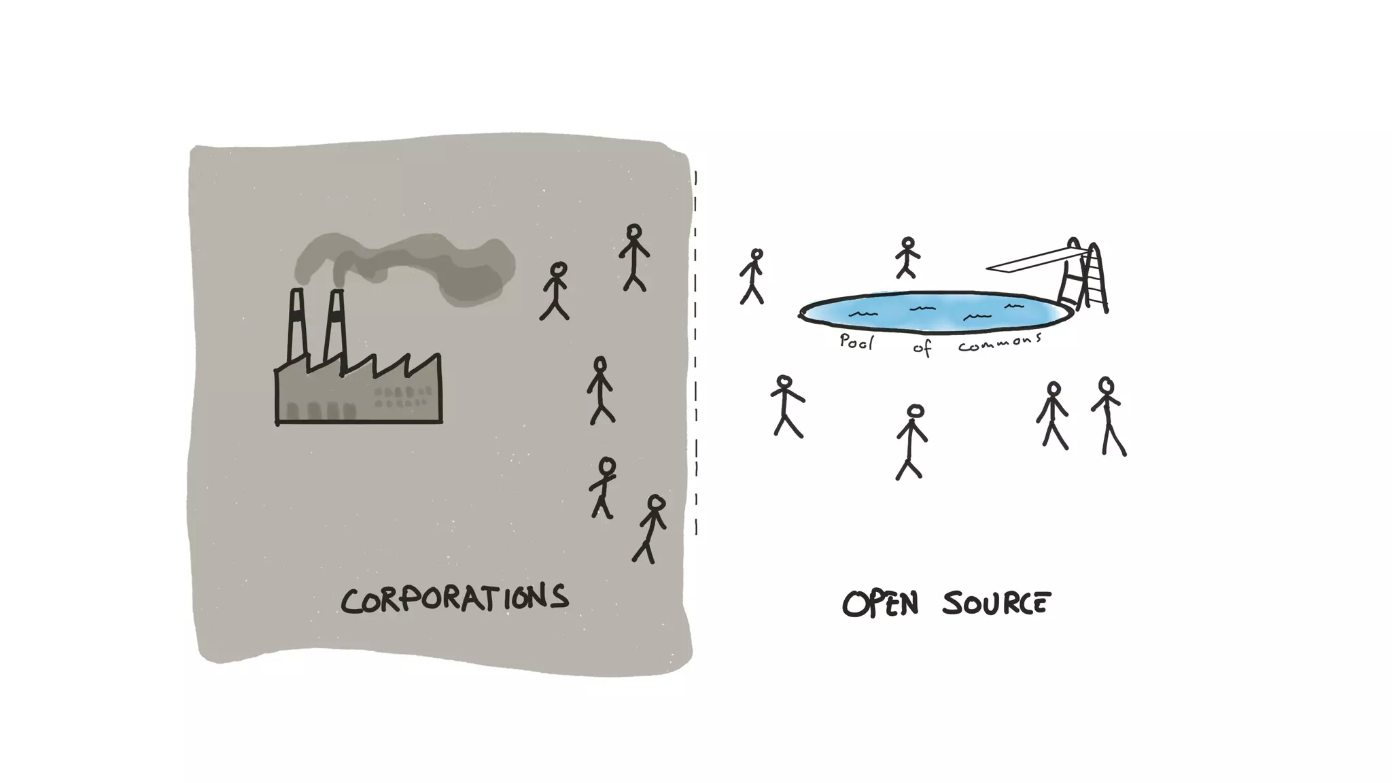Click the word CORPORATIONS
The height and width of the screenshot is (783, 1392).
(x=454, y=599)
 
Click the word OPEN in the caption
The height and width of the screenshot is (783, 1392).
(x=880, y=604)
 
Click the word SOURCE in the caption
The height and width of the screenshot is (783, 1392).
(x=996, y=604)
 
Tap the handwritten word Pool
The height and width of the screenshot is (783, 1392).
(x=856, y=342)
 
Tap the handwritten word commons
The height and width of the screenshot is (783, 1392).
(x=999, y=343)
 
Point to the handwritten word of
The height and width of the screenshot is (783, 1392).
(x=922, y=349)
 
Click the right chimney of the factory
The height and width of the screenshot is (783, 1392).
(x=335, y=326)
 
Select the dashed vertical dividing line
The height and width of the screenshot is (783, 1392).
(x=695, y=353)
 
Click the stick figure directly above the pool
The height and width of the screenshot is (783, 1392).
(x=907, y=258)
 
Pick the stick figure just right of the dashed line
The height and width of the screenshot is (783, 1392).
(x=752, y=276)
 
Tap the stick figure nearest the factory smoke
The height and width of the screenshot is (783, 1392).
(x=555, y=291)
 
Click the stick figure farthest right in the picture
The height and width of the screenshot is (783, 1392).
(x=1108, y=416)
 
